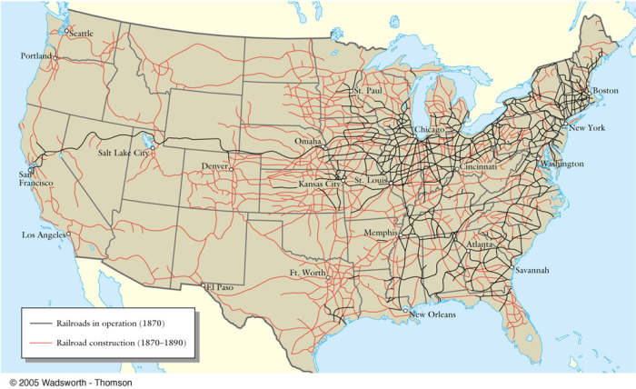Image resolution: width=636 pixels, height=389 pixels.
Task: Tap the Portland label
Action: point(36,56)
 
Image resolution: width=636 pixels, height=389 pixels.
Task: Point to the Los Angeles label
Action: point(45,235)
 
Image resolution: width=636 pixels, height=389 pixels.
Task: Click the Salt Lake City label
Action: point(123,153)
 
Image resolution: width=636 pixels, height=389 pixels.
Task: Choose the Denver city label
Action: point(214,166)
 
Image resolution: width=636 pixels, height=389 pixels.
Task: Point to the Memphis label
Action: point(380,233)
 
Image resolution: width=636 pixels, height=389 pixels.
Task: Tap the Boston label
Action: point(605,92)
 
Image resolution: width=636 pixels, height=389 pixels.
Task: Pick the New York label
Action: point(586,128)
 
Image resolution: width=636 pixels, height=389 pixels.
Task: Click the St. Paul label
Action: point(370,92)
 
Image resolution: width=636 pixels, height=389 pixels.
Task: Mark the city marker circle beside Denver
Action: point(232,169)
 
